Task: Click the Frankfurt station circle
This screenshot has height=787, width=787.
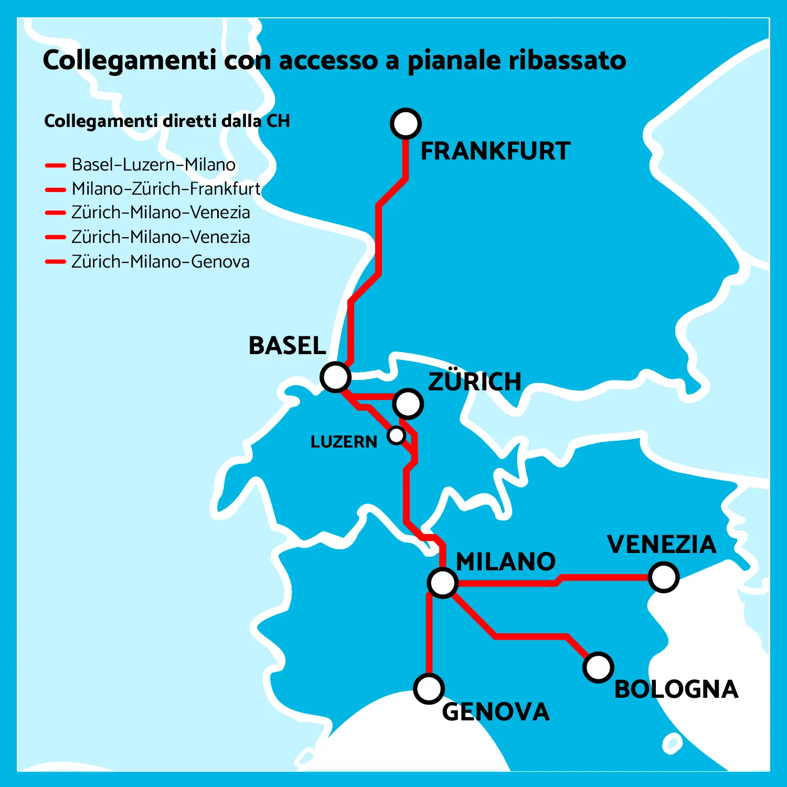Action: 406,123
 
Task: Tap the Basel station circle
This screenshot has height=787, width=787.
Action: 335,377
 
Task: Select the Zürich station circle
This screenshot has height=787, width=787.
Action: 408,403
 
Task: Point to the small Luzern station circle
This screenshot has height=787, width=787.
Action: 396,435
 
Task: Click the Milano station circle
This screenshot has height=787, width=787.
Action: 442,582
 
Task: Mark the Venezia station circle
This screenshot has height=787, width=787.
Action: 664,577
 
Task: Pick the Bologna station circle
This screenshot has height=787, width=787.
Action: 598,667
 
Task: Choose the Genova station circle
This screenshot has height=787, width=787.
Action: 429,689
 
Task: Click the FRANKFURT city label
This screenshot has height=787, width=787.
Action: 495,151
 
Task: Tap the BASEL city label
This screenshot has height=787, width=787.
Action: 287,346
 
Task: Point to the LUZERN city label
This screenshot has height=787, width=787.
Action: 344,442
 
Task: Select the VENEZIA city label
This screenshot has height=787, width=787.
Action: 662,545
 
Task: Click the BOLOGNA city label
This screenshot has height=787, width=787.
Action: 676,689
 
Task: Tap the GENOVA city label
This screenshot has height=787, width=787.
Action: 496,712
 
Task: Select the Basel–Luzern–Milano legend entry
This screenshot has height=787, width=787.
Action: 153,165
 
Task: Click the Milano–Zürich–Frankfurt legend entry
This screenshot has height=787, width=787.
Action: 166,188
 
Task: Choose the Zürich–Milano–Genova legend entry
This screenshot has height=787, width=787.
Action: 160,261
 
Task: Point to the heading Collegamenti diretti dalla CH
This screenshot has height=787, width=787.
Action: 167,121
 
